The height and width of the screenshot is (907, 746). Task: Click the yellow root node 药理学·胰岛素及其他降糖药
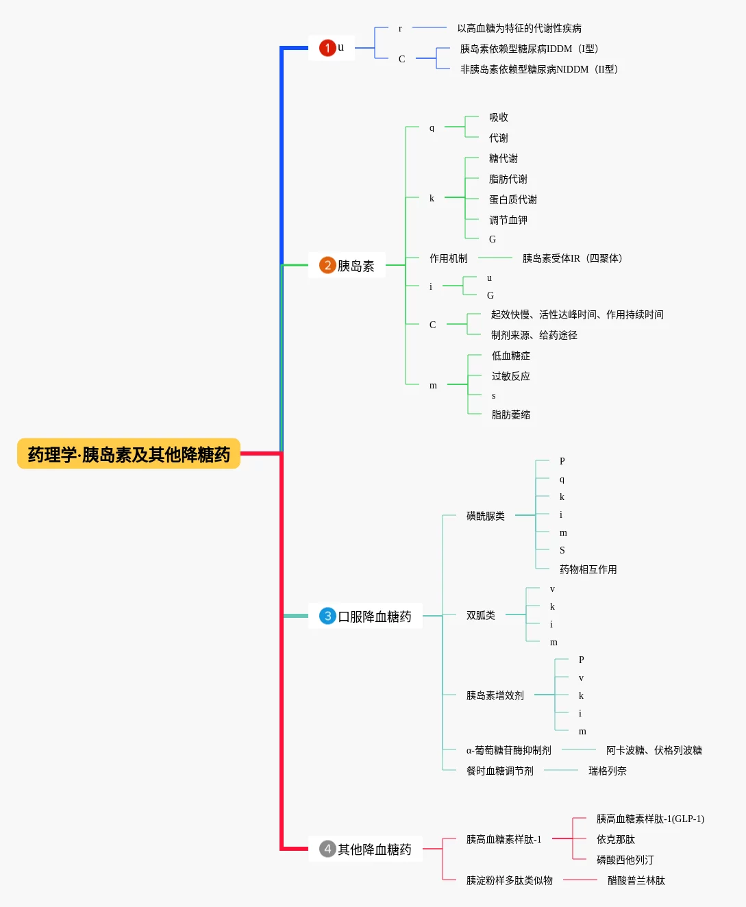129,453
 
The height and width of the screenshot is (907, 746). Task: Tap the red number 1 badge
327,48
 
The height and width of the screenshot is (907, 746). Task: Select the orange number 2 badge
327,265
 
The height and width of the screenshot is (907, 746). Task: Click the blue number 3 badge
327,616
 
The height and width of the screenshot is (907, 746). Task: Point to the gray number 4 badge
327,849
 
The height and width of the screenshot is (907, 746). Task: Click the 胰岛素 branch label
356,266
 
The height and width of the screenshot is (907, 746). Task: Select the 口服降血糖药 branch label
374,617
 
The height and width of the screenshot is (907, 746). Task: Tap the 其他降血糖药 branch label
374,849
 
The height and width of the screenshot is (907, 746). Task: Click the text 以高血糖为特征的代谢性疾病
519,28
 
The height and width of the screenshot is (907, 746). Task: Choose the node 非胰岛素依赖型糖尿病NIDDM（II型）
540,69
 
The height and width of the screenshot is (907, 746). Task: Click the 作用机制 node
448,258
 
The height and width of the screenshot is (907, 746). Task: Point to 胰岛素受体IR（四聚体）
573,258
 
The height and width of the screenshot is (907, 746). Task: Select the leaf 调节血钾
508,220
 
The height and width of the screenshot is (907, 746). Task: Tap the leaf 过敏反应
510,376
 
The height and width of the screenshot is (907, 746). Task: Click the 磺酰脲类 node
485,516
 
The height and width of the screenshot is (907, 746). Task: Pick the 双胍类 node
480,615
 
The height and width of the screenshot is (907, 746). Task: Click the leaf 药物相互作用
588,569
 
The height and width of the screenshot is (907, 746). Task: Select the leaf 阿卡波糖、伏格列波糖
654,750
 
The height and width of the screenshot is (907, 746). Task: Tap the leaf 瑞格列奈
607,771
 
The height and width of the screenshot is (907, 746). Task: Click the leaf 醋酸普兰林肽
636,880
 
